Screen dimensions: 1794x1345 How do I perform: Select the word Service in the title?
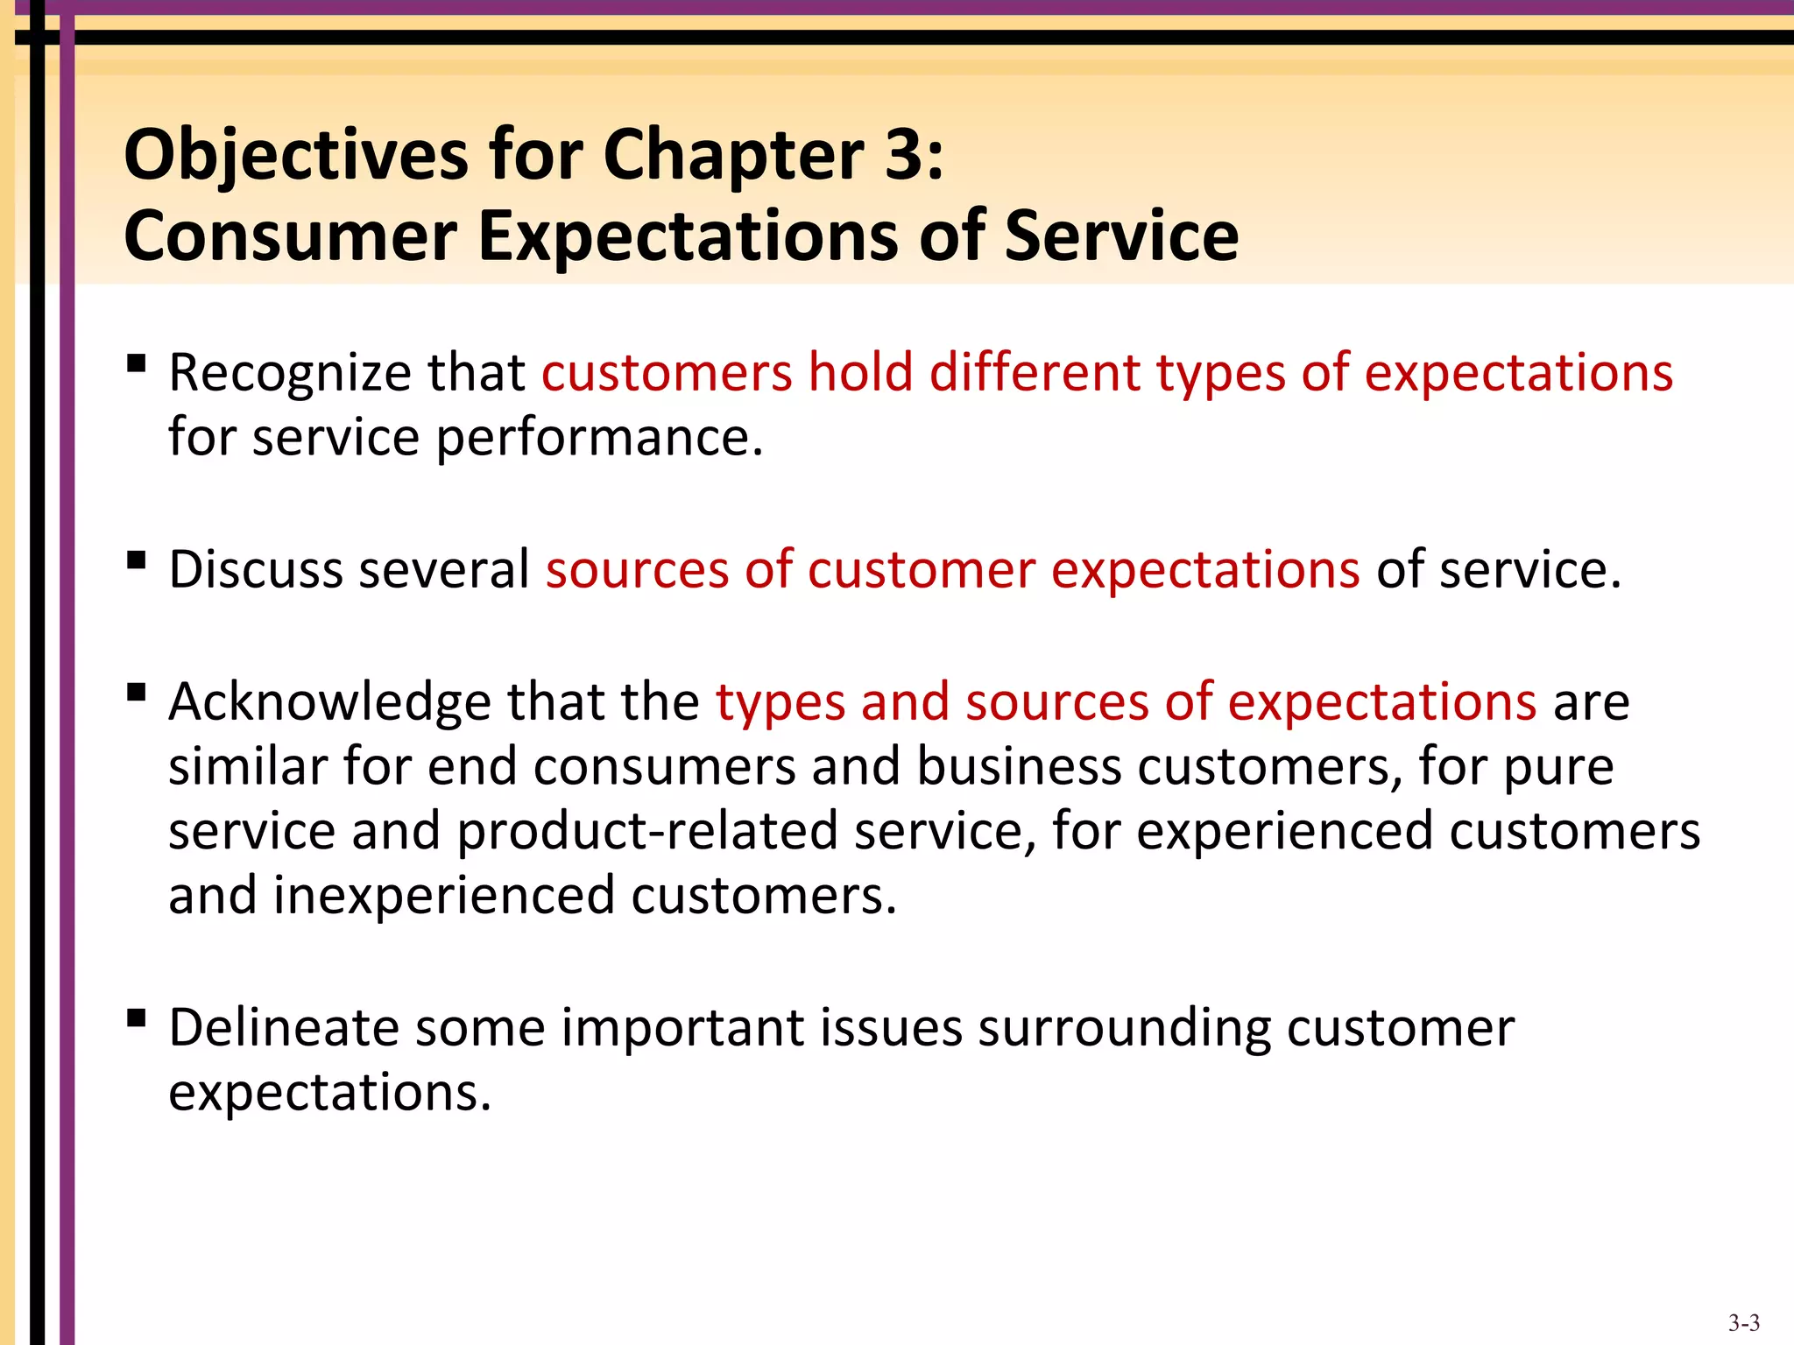pyautogui.click(x=1121, y=236)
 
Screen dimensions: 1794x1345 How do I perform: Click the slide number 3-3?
pyautogui.click(x=1743, y=1323)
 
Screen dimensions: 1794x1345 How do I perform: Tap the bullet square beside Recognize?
pyautogui.click(x=136, y=363)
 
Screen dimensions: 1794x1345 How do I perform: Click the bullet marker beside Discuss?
pyautogui.click(x=136, y=560)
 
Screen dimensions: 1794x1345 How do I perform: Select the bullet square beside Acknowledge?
pyautogui.click(x=136, y=693)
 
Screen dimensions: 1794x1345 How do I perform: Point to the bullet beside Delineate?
pyautogui.click(x=136, y=1018)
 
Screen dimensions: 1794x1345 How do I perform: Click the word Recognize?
pyautogui.click(x=289, y=373)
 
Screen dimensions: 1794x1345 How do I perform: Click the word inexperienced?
pyautogui.click(x=443, y=896)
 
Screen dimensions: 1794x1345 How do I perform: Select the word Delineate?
pyautogui.click(x=283, y=1027)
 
